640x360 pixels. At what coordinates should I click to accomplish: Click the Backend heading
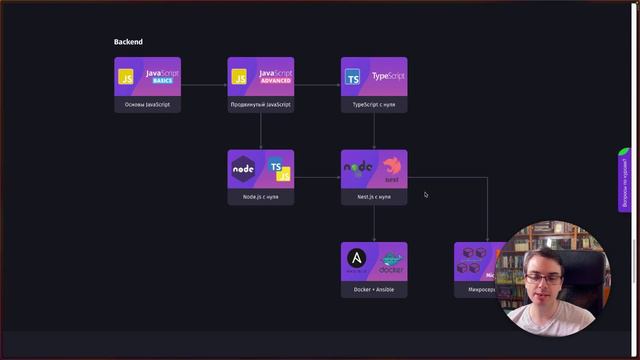point(128,42)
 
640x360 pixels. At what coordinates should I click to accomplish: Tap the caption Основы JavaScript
point(147,104)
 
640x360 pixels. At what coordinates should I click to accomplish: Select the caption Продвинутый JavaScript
point(260,104)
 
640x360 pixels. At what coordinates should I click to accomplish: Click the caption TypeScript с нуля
point(374,104)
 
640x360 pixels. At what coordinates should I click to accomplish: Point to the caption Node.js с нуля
point(260,197)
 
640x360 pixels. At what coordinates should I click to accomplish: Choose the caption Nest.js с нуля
point(374,197)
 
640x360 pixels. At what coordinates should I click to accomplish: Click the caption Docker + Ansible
point(374,290)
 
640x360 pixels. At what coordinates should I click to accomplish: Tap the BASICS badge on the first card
point(162,80)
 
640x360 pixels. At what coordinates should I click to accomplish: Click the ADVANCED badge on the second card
point(275,80)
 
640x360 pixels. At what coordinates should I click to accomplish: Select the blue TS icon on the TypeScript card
point(353,77)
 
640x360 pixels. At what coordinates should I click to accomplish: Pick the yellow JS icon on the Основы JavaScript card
point(126,77)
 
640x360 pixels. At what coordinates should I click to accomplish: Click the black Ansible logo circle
point(357,259)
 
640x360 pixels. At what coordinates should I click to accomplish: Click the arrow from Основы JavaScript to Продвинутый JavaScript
point(204,85)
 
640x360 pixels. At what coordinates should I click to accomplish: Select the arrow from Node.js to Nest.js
point(317,178)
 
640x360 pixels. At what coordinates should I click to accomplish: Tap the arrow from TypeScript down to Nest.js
point(374,131)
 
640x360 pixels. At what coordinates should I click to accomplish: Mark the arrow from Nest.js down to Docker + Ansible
point(374,224)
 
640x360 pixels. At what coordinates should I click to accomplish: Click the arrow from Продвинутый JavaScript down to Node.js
point(260,131)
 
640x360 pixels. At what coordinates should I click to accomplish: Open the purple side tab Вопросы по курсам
point(625,180)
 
